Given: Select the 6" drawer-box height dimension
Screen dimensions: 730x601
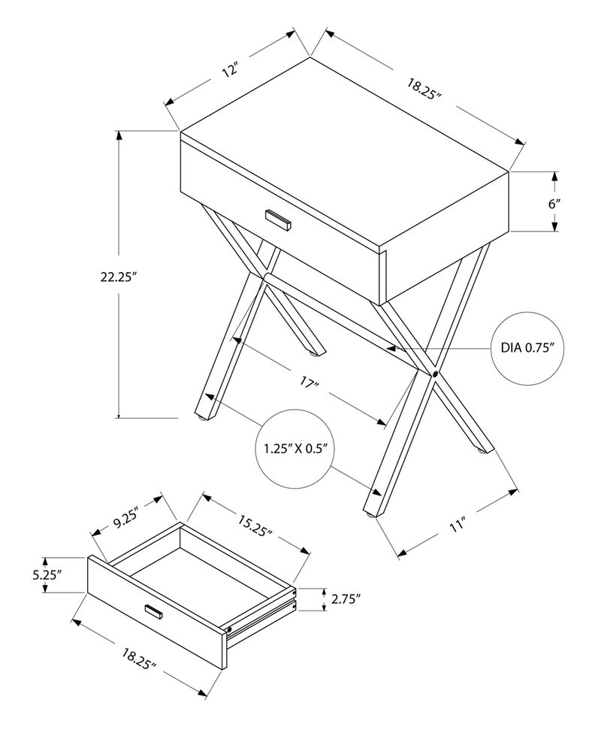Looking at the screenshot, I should (x=554, y=203).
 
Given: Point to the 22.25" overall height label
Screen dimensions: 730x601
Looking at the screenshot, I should (x=121, y=276).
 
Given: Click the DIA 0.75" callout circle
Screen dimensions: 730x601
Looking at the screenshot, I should (x=527, y=347).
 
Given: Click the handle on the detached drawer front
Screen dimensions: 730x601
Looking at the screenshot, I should (x=154, y=613).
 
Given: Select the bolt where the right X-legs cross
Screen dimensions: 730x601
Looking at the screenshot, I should (x=435, y=374).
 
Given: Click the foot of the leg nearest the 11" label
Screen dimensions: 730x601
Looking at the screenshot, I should (x=370, y=513).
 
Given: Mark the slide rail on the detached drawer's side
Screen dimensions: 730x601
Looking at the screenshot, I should (x=263, y=613).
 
